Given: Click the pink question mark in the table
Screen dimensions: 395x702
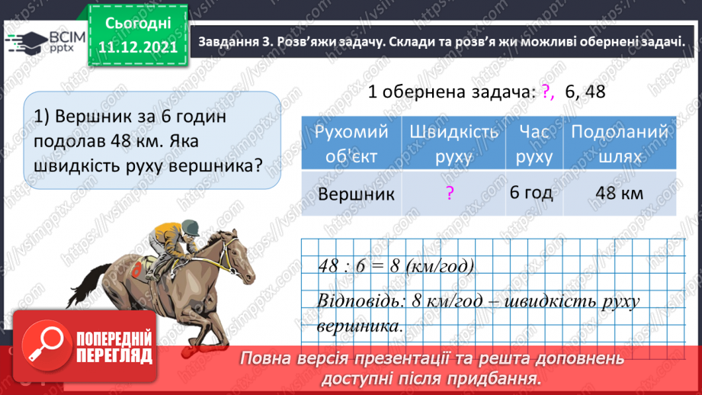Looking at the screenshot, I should pyautogui.click(x=450, y=193).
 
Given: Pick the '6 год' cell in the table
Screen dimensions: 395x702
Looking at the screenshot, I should pyautogui.click(x=531, y=192).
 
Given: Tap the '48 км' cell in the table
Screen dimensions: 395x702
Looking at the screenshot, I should pyautogui.click(x=619, y=193).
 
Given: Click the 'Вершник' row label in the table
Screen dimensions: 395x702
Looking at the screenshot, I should pyautogui.click(x=356, y=194).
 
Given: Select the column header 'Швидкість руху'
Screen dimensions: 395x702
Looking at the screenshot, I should pyautogui.click(x=454, y=143).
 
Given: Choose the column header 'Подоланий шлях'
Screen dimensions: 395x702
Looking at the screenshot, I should pyautogui.click(x=620, y=143).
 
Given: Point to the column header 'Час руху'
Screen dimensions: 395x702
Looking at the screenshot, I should pyautogui.click(x=534, y=143).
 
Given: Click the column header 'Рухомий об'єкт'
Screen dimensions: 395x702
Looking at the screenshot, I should pyautogui.click(x=351, y=143).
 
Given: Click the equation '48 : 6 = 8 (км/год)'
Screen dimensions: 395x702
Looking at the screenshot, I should pyautogui.click(x=396, y=267).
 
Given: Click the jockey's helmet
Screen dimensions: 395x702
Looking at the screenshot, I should pyautogui.click(x=190, y=226).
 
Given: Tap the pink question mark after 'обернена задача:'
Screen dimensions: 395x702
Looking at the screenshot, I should pyautogui.click(x=549, y=91).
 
